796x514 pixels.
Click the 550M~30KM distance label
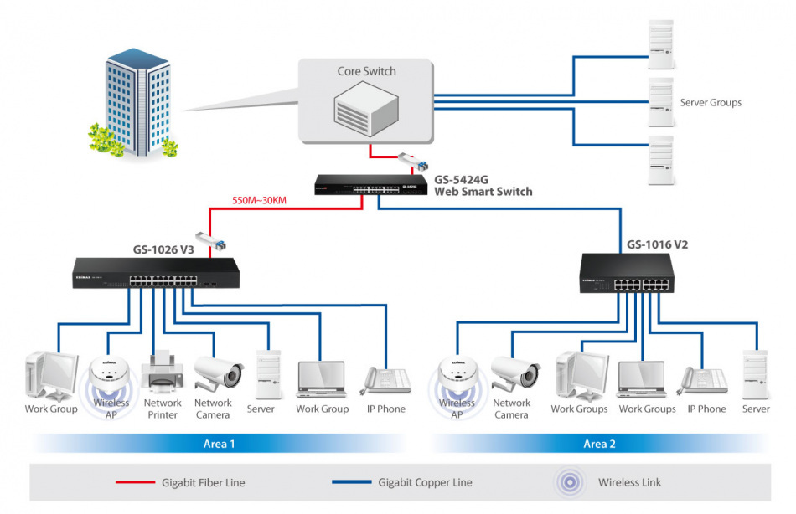260,201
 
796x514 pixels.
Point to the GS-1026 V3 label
163,249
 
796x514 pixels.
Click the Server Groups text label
710,103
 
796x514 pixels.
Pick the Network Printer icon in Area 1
162,374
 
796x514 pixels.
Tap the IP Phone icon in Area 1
385,378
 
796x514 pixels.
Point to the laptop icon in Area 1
322,378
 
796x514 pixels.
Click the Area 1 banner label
220,444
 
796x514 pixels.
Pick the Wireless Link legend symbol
572,482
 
